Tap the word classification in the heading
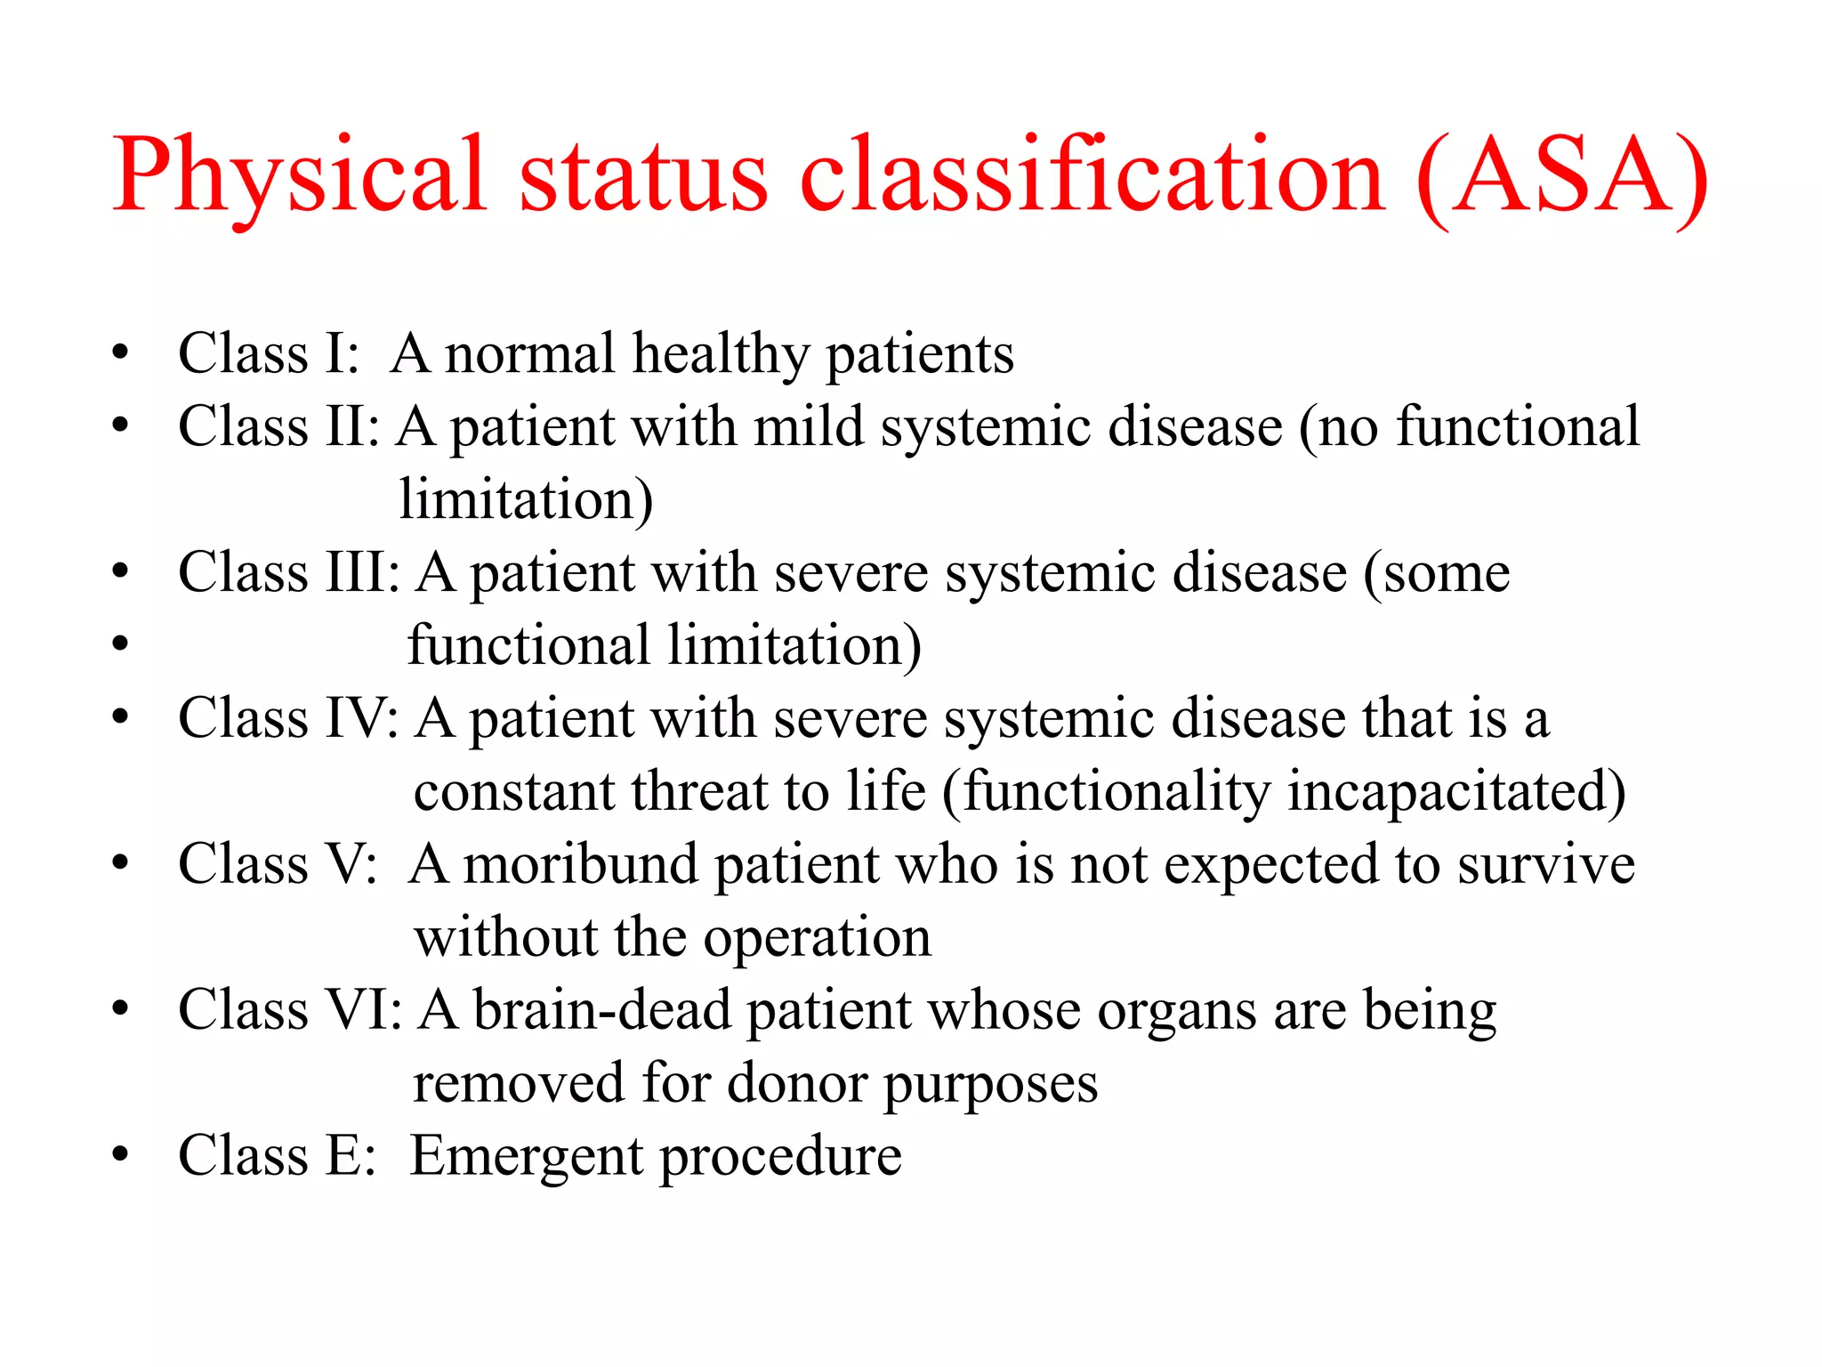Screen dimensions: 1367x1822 pos(1092,175)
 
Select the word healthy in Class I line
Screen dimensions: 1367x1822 pos(721,354)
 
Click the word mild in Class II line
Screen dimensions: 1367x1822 pos(809,426)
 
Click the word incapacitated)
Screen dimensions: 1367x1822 pos(1455,791)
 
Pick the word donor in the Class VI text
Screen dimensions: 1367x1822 pos(797,1084)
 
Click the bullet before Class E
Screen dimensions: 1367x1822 pos(120,1154)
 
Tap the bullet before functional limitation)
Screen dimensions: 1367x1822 pos(120,643)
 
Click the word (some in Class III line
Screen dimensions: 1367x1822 pos(1437,571)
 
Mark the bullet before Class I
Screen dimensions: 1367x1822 pos(120,352)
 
